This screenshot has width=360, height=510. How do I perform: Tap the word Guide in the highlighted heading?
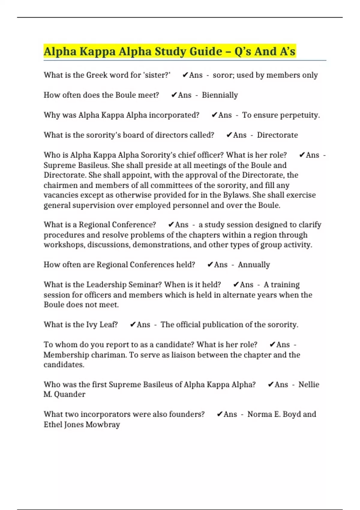[205, 51]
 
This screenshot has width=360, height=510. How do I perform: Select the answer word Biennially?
[220, 95]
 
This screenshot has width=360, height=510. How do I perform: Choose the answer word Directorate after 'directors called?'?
[277, 135]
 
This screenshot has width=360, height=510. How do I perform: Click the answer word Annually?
[254, 265]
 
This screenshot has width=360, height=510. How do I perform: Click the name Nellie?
[309, 385]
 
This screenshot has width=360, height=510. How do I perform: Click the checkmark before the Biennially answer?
[174, 95]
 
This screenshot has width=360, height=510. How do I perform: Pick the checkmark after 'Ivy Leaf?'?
[133, 325]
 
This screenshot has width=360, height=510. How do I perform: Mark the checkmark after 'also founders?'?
[220, 414]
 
